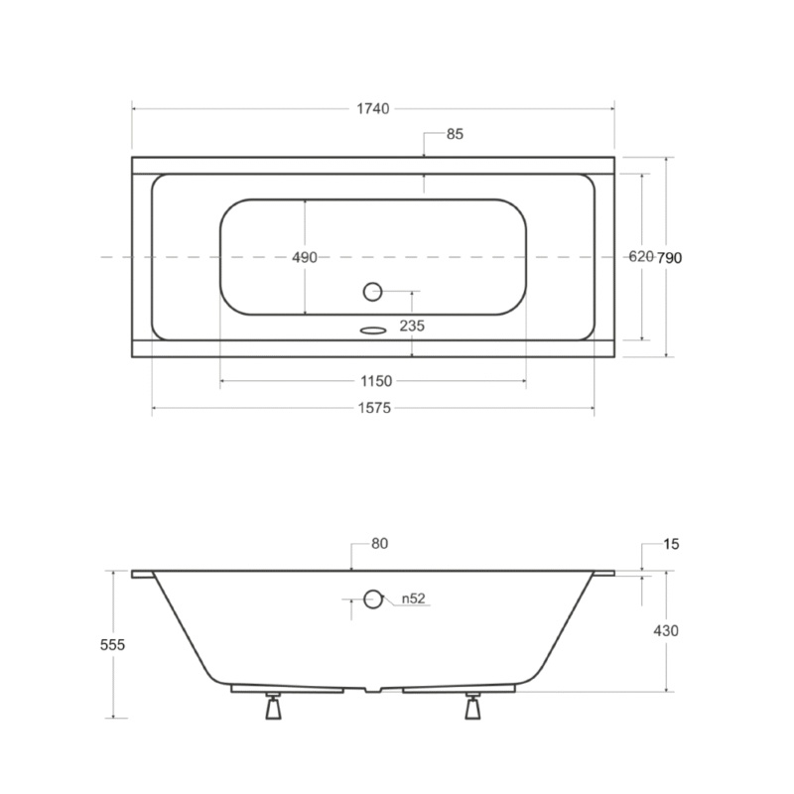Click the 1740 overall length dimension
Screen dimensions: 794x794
tap(373, 109)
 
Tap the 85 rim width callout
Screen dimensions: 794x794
tap(455, 134)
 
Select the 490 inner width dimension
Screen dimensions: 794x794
tap(305, 257)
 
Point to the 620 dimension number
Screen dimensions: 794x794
tap(641, 257)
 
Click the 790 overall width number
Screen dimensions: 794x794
tap(669, 258)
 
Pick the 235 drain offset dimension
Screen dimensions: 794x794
tap(412, 326)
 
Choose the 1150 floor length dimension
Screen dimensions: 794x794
tap(376, 381)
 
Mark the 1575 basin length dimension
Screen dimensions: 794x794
tap(375, 408)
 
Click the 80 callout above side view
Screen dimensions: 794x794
tap(380, 544)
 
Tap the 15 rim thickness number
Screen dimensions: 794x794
tap(671, 544)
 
